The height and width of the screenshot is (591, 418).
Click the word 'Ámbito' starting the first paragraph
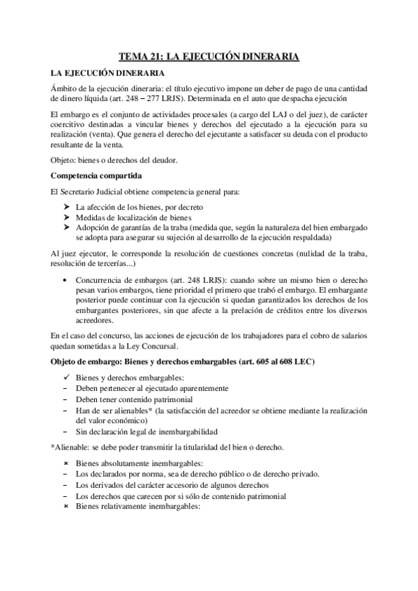[64, 88]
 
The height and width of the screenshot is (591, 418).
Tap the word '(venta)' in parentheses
[99, 135]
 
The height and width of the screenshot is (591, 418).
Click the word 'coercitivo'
[72, 124]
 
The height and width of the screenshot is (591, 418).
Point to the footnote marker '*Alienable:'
[73, 445]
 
